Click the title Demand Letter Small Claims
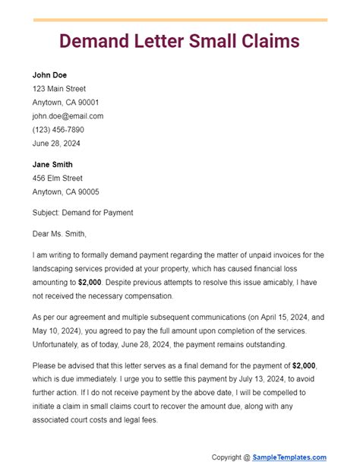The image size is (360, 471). click(179, 40)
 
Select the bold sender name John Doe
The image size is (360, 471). click(50, 74)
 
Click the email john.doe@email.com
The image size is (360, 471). click(68, 116)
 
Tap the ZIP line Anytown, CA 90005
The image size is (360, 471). click(65, 191)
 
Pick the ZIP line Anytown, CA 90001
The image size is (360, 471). click(65, 103)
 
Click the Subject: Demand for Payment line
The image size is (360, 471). click(83, 213)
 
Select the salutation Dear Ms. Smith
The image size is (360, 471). click(60, 234)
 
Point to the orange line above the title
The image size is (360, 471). click(179, 20)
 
